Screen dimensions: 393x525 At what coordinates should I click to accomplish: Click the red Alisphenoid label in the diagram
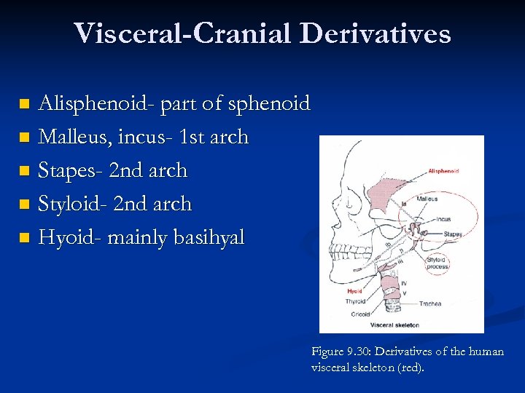click(443, 171)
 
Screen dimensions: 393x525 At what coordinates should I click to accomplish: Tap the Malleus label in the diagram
click(427, 198)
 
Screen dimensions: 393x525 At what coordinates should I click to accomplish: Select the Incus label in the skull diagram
click(442, 219)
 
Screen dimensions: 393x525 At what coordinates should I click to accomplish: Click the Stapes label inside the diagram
click(452, 234)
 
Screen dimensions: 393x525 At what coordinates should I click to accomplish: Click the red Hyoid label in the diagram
click(354, 291)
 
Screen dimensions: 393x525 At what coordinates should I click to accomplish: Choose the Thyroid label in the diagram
click(356, 301)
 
